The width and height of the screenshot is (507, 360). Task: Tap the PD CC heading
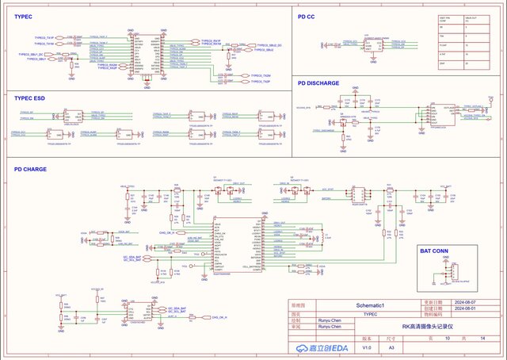(x=307, y=16)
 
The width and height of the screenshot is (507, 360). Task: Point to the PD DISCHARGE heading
(x=318, y=82)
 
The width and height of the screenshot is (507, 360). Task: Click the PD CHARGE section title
(x=29, y=169)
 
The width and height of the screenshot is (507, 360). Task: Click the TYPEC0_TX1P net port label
(x=44, y=37)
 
